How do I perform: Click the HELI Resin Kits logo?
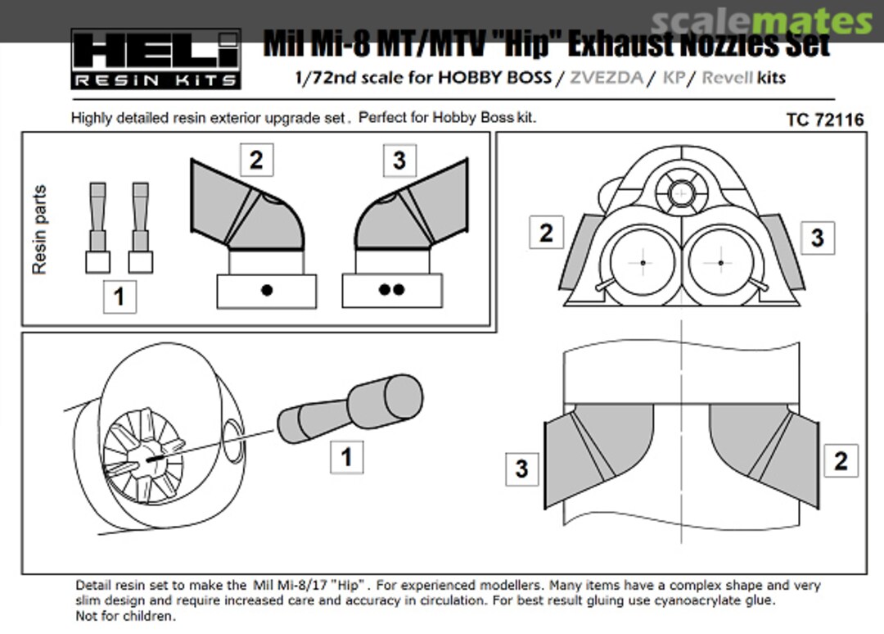[156, 58]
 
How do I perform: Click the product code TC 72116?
[824, 120]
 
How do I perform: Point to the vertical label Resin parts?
[39, 230]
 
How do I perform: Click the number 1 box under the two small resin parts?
[119, 296]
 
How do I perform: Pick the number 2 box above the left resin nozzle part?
[256, 160]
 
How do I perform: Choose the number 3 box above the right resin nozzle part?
[399, 160]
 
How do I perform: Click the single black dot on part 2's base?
[266, 290]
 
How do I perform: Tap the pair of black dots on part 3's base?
[392, 290]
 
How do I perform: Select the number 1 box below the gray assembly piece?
[346, 456]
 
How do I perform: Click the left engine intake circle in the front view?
[643, 262]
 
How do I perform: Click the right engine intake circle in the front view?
[720, 262]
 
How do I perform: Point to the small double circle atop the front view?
[680, 194]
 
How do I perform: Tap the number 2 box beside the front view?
[546, 233]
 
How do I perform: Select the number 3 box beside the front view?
[817, 238]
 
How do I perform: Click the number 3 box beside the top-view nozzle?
[521, 469]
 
